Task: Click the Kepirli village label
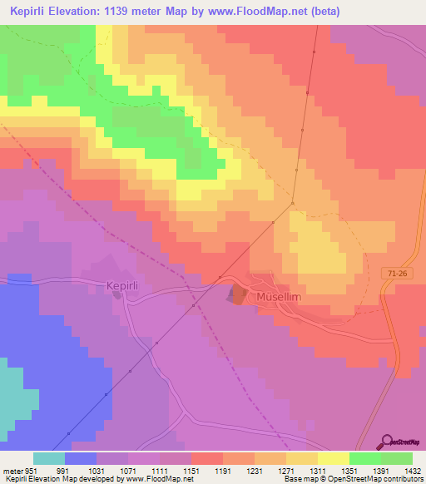click(126, 285)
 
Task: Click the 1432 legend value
click(402, 470)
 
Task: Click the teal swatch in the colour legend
click(48, 458)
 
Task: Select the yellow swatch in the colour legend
click(333, 458)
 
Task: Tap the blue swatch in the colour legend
click(81, 458)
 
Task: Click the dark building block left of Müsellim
click(238, 294)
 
